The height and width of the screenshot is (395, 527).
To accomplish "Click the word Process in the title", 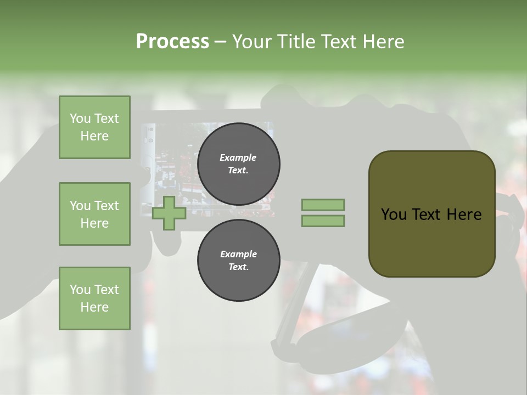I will pyautogui.click(x=172, y=42).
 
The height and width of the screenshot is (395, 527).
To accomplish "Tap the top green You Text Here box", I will pyautogui.click(x=94, y=127).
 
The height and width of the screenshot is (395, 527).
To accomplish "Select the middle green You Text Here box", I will pyautogui.click(x=94, y=214).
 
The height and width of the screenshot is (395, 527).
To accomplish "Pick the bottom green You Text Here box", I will pyautogui.click(x=94, y=298).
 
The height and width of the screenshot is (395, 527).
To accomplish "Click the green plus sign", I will pyautogui.click(x=169, y=213).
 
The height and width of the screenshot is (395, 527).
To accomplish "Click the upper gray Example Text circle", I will pyautogui.click(x=238, y=163).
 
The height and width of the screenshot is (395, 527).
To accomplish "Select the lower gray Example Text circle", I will pyautogui.click(x=238, y=260).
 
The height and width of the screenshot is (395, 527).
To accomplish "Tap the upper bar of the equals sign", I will pyautogui.click(x=323, y=205).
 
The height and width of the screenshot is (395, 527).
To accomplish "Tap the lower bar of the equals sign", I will pyautogui.click(x=323, y=221).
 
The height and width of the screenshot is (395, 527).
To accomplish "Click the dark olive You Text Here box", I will pyautogui.click(x=431, y=214).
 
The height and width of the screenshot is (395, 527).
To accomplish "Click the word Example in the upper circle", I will pyautogui.click(x=238, y=157).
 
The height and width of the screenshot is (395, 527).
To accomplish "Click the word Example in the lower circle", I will pyautogui.click(x=238, y=254).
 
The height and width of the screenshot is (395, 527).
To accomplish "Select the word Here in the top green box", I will pyautogui.click(x=94, y=136).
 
